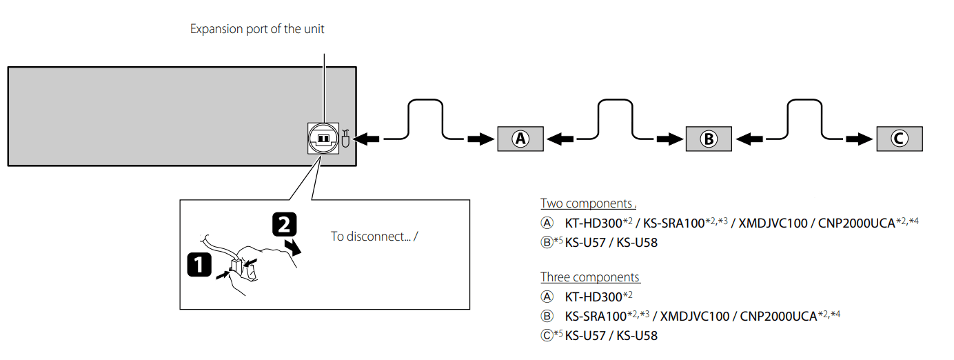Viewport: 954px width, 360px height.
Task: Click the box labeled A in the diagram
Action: pos(520,139)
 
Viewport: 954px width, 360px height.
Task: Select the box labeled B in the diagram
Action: pos(709,139)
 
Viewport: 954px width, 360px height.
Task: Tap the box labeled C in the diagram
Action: pos(897,139)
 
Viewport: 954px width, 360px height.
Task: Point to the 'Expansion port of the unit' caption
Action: pos(257,29)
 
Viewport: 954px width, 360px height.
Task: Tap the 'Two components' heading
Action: pos(587,203)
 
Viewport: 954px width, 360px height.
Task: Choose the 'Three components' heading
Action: pos(590,277)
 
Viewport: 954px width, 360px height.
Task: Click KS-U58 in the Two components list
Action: pos(637,243)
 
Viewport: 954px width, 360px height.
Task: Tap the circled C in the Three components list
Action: pos(547,336)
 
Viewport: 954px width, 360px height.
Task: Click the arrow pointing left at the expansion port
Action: pos(369,139)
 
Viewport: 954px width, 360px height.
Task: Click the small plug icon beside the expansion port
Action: pos(346,139)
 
